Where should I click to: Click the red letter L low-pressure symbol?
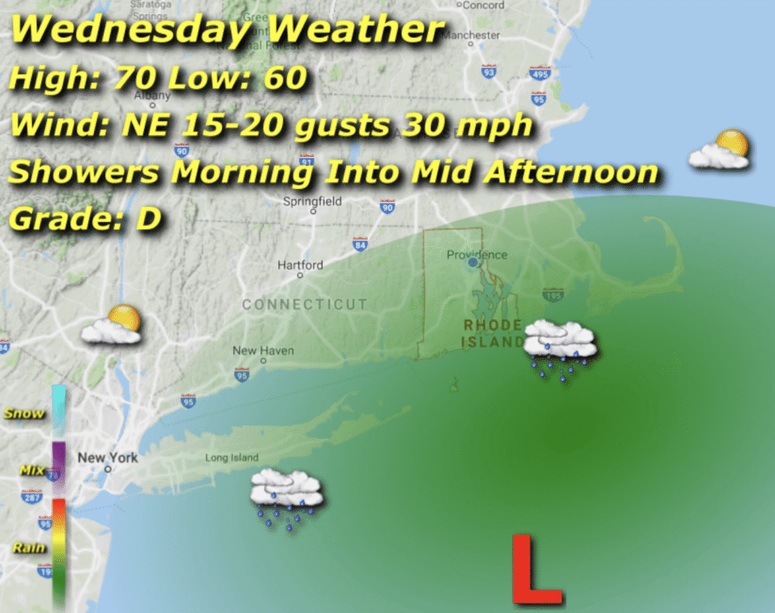[536, 569]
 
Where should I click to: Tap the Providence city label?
[477, 255]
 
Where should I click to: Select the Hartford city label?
[300, 266]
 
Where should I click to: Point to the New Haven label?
[263, 351]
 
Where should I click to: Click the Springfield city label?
[313, 202]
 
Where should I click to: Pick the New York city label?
[107, 458]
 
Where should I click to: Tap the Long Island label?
[232, 458]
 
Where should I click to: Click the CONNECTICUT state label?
[304, 304]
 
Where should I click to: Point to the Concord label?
[483, 5]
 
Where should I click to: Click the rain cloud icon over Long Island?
[287, 496]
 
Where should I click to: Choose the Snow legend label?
[24, 414]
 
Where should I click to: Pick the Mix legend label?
[32, 471]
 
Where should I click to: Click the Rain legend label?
[29, 548]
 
